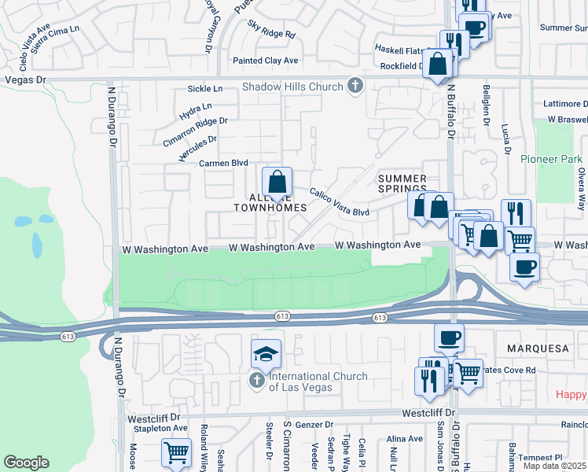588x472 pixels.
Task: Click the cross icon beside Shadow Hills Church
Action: click(355, 87)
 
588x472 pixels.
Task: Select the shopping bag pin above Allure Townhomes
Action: click(277, 183)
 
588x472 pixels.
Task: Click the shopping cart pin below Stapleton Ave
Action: click(176, 454)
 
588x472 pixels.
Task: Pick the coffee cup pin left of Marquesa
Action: click(449, 338)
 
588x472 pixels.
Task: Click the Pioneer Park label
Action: click(551, 159)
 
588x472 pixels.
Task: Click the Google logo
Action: click(26, 463)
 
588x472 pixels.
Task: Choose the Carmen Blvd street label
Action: click(223, 164)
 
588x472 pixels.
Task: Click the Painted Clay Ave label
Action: click(265, 61)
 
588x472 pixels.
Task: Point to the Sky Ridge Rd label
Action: click(271, 35)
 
